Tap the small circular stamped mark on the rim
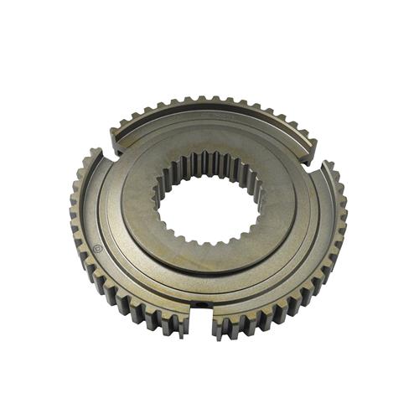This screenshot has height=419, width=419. pos(100,248)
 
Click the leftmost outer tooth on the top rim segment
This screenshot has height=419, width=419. pos(118,126)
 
